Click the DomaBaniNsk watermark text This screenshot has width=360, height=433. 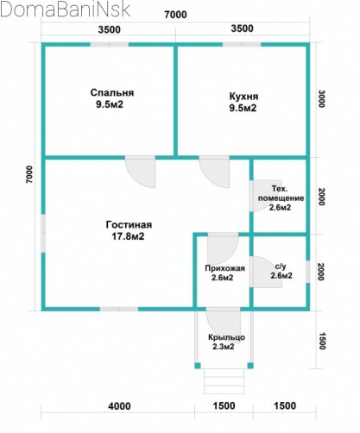coord(66,9)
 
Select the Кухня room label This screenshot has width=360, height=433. coord(243,97)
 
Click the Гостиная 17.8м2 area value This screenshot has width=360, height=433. coord(128,236)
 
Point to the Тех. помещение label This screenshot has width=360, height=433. coord(281,193)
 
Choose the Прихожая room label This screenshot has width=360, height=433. coord(225,268)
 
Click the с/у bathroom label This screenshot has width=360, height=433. coord(281,267)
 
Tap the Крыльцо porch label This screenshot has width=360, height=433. coord(226,337)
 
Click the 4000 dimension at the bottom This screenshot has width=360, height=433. coord(119,406)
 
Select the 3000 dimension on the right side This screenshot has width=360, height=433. coord(322,98)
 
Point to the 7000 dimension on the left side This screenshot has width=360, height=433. coord(29,174)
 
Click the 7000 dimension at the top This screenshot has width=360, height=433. coord(175,15)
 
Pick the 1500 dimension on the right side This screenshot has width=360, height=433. coord(322,342)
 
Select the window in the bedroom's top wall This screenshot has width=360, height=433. coord(110,45)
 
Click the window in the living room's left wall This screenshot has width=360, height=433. coord(43,233)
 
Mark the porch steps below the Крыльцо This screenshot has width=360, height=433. coord(224,381)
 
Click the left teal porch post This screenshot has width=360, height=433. coord(198,366)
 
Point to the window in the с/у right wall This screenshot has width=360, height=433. coord(307,272)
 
